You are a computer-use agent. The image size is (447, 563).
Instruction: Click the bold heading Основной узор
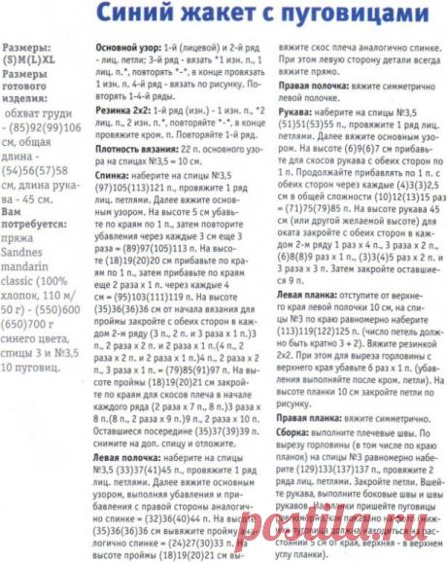[122, 46]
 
